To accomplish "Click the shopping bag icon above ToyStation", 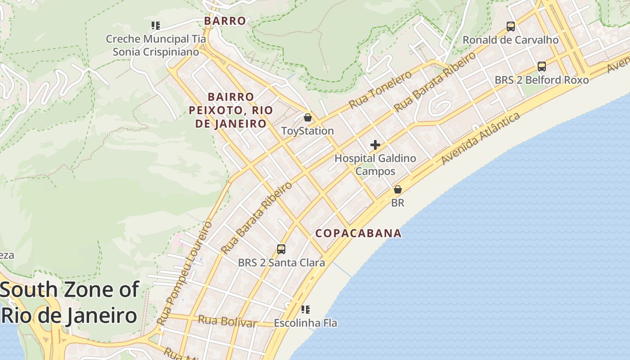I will coord(308,117).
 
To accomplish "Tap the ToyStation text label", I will coord(307,131).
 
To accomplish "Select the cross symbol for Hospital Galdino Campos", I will coord(375,145).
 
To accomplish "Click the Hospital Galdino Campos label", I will coord(375,165).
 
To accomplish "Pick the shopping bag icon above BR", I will coord(398,189).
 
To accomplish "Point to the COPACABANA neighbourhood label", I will coord(358,233).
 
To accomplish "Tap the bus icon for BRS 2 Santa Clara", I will coord(281,249).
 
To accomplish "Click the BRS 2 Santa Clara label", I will coord(281,262).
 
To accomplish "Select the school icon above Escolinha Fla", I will coord(306,310).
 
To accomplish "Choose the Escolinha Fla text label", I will coord(305,323).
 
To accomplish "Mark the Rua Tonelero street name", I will coord(380,90).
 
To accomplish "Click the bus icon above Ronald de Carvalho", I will coord(511,27).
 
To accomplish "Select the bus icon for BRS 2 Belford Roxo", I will coord(542,67).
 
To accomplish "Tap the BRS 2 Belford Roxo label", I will coord(542,80).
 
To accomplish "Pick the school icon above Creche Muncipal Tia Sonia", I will coord(156,26).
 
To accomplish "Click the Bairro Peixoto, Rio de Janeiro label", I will coord(231,110).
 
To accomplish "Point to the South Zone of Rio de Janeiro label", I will coord(70,302).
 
